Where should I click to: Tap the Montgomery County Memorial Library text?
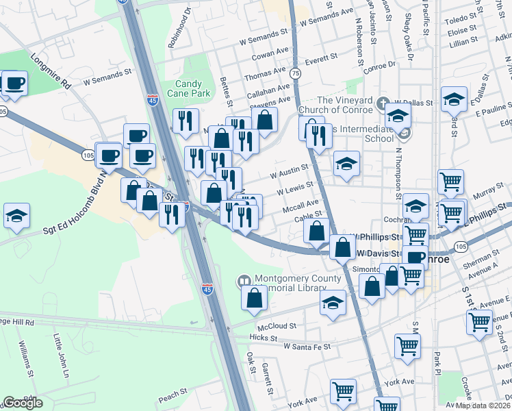[297, 284]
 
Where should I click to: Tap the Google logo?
[23, 402]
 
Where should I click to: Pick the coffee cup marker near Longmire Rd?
[14, 84]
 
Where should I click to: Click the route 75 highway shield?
[294, 73]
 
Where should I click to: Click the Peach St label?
[172, 395]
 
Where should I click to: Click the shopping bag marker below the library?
[254, 298]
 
